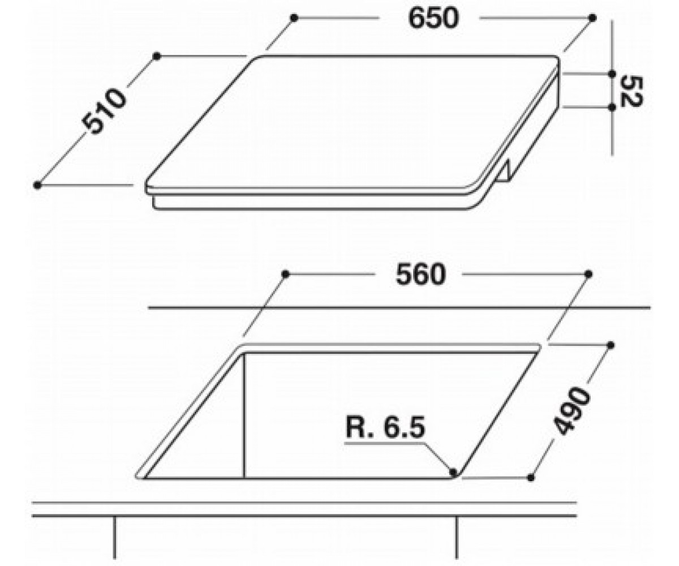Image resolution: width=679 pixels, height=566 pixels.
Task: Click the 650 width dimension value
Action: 433,18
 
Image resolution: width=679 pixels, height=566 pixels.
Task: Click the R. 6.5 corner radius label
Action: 385,428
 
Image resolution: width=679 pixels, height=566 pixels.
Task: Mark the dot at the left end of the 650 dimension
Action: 294,18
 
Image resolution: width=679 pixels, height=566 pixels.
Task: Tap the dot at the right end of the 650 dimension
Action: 592,18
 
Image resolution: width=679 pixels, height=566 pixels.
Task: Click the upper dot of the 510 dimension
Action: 157,56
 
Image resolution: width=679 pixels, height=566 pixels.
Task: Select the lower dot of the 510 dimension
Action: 37,185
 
